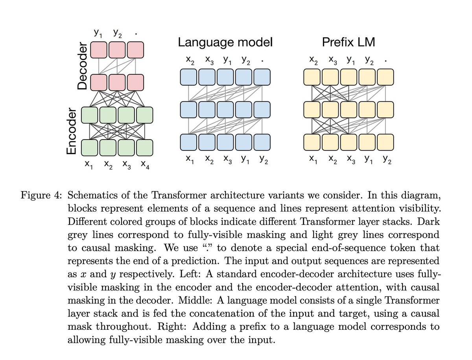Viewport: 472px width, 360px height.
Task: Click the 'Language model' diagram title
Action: [x=225, y=42]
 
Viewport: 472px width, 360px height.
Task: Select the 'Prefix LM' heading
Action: [x=348, y=42]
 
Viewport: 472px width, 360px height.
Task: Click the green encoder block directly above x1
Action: [x=90, y=148]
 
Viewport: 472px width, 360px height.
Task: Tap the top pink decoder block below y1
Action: [x=98, y=50]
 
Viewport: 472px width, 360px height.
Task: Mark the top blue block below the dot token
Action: [x=262, y=77]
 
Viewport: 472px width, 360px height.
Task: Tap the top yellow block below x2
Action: [x=312, y=77]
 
